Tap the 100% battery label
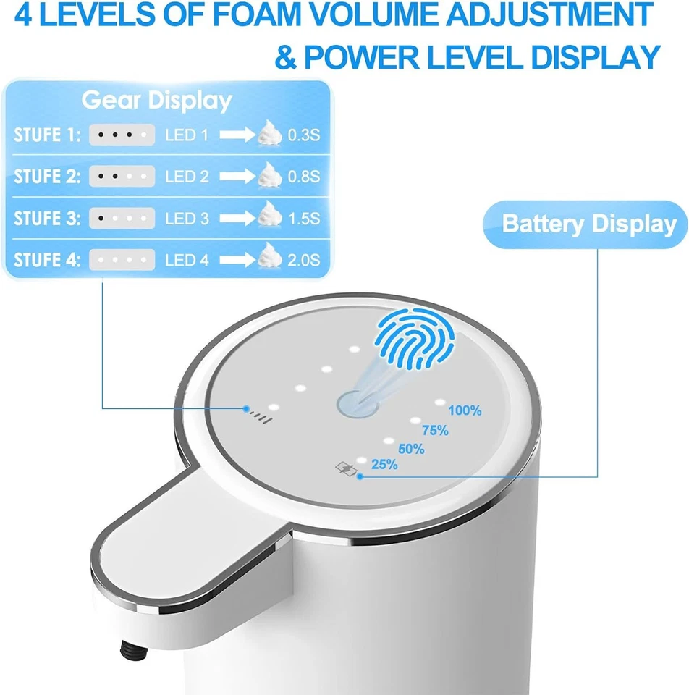(x=465, y=410)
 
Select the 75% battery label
(x=435, y=430)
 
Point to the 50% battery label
(x=411, y=449)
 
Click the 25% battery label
(x=384, y=465)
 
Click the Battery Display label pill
(x=588, y=224)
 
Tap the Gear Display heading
(x=156, y=101)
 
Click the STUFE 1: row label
(x=48, y=135)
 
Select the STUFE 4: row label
(x=48, y=259)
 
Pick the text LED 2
(x=187, y=176)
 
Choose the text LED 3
(x=187, y=218)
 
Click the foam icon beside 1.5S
(x=270, y=216)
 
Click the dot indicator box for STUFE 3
(x=122, y=218)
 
